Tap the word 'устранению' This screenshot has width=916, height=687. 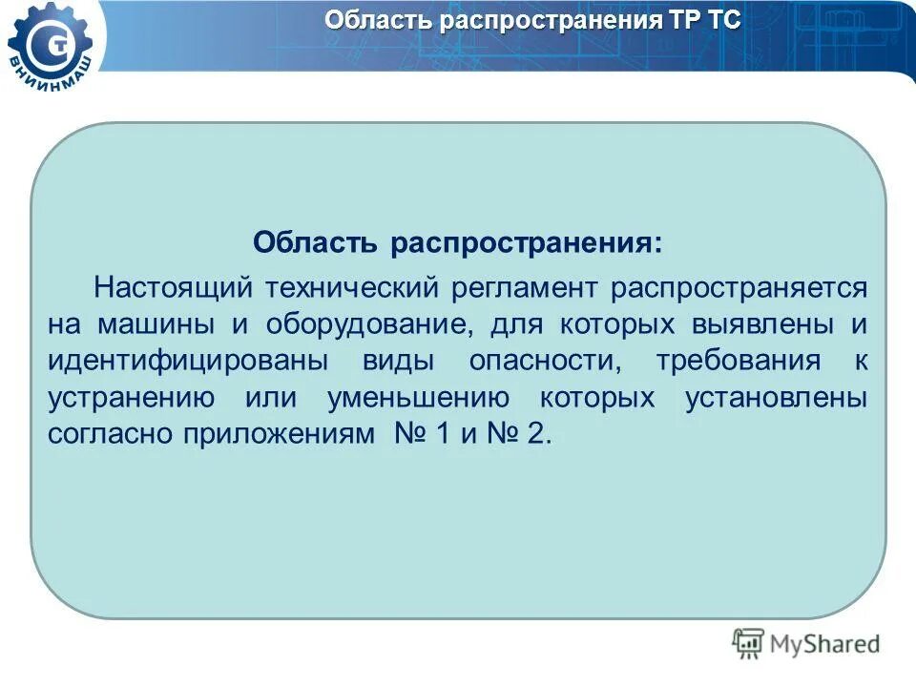(x=133, y=397)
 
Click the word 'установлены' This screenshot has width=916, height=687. (x=776, y=397)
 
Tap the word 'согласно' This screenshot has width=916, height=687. (x=109, y=433)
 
